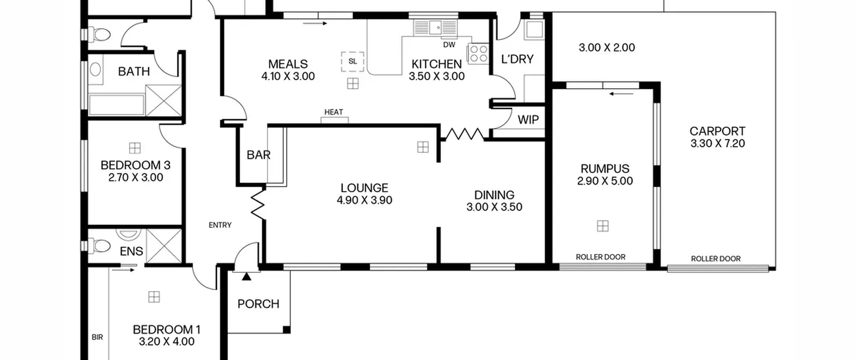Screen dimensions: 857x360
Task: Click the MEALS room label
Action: click(288, 64)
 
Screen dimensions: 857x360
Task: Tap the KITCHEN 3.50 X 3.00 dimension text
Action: click(437, 76)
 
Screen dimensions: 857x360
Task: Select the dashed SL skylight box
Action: click(353, 62)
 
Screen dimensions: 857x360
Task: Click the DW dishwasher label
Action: click(449, 45)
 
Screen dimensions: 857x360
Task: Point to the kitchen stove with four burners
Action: click(478, 54)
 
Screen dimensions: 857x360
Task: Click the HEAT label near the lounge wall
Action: click(333, 112)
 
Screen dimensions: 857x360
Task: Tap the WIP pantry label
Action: click(528, 120)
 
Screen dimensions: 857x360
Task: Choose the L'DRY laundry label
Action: click(517, 59)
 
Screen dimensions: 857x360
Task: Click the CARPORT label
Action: click(717, 131)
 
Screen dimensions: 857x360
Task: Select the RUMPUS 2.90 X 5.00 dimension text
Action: click(605, 181)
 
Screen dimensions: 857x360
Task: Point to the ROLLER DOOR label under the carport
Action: click(716, 259)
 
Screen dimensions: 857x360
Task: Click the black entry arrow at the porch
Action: click(246, 276)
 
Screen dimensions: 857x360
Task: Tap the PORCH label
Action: click(258, 304)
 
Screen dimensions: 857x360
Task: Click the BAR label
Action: click(258, 155)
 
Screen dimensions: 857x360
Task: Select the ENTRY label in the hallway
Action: click(220, 225)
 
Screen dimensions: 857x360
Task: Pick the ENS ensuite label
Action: click(131, 251)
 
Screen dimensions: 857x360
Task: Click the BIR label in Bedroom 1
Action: click(97, 338)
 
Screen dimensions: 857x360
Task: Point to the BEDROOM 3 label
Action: click(135, 165)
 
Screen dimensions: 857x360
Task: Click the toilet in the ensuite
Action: click(99, 245)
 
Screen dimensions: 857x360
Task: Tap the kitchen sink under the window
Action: click(436, 27)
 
